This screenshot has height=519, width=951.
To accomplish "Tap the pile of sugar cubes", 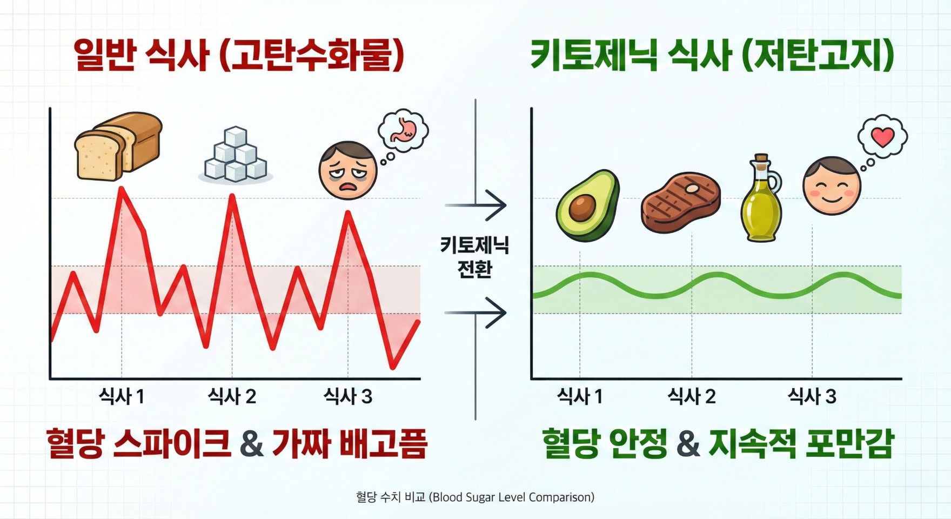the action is point(236,155).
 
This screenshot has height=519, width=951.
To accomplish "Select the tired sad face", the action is point(347,170).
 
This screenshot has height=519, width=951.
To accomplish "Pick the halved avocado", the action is point(587,205).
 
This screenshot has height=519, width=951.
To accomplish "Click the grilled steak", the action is point(681,203).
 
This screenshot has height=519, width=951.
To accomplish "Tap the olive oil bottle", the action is point(761,198).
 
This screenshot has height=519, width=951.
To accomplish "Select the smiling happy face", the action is point(831,185).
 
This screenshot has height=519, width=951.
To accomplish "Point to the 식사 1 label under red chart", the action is point(122,397).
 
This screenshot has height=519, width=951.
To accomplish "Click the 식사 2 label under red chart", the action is point(232,397).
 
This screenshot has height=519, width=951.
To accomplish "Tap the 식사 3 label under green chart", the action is point(812,397).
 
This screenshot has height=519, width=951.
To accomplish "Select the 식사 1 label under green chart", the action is point(580,397).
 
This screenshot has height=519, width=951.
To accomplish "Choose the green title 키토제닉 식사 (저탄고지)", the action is point(712,55).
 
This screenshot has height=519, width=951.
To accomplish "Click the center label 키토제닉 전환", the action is point(475,257).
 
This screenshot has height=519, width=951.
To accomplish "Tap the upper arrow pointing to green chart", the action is point(475,205).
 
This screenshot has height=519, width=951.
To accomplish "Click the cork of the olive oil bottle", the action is point(761,159).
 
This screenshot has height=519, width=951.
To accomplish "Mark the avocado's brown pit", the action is point(582,208).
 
